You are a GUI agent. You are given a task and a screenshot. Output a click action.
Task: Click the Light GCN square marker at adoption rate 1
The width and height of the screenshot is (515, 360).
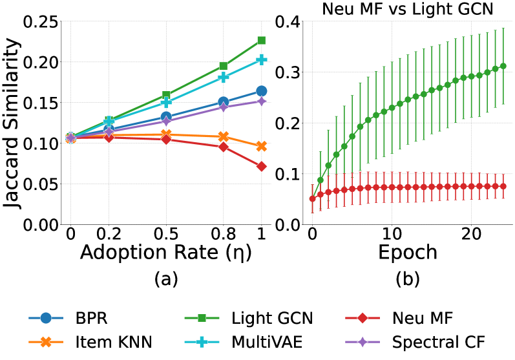click(262, 40)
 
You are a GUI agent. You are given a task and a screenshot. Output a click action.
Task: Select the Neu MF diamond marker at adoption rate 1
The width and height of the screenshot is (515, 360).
click(262, 166)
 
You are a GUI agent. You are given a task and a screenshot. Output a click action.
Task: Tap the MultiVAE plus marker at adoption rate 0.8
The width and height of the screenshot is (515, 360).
click(224, 77)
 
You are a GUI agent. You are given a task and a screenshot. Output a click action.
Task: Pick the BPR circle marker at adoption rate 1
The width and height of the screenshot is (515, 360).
click(262, 91)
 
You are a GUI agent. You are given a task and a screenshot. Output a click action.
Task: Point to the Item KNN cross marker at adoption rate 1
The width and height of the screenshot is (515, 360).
click(262, 146)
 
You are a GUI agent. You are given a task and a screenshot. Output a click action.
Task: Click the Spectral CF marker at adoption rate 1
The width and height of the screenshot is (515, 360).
click(262, 101)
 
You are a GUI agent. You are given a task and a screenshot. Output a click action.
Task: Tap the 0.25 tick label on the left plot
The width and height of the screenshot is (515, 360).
click(40, 21)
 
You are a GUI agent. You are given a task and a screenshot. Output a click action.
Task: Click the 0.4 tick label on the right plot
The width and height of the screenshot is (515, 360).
click(287, 21)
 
